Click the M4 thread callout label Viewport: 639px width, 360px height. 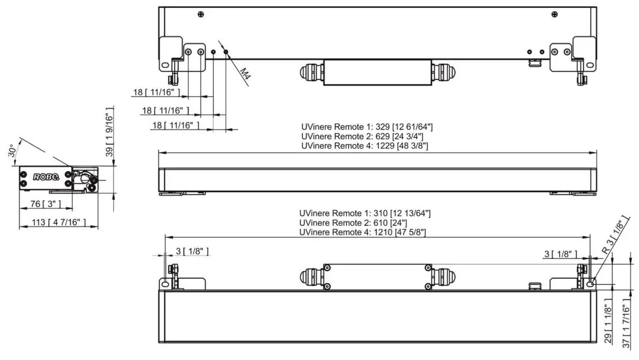[x=245, y=75]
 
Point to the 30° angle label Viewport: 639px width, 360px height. [x=13, y=150]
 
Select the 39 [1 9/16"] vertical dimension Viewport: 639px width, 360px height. [x=109, y=135]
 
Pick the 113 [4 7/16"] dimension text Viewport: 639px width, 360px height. [x=52, y=223]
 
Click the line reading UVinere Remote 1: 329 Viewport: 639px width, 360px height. [x=367, y=127]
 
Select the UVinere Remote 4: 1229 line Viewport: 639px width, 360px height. [x=364, y=146]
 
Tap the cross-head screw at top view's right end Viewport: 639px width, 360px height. [x=555, y=14]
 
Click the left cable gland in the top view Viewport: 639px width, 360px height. [x=311, y=72]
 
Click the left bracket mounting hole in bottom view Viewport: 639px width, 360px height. [x=164, y=283]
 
